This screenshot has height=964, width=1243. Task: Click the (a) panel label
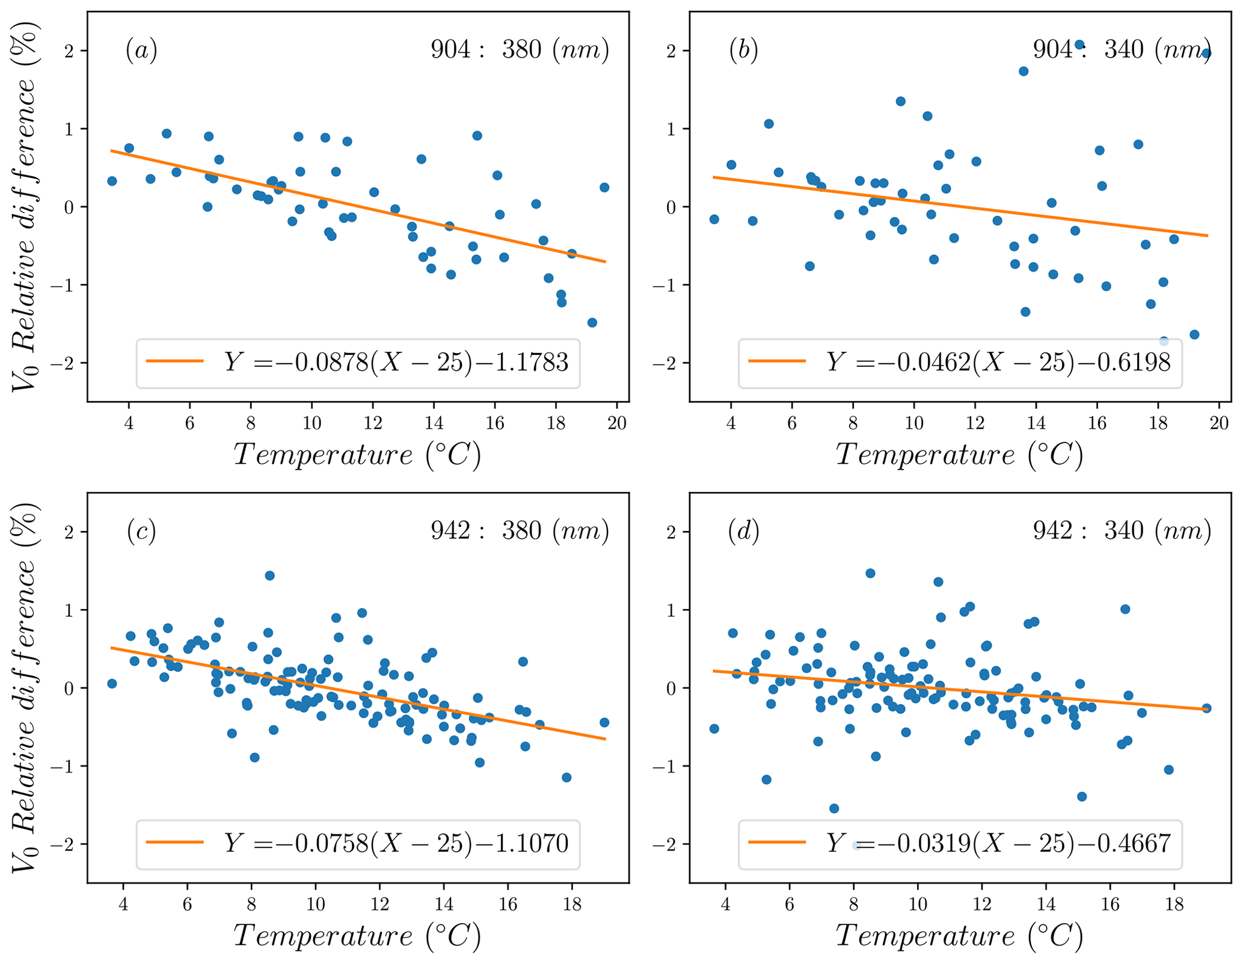(141, 50)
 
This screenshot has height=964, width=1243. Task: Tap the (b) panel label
(743, 50)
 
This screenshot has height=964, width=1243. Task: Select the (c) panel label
(141, 531)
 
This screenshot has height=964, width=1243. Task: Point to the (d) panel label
(743, 531)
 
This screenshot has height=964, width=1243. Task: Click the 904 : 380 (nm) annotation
(520, 49)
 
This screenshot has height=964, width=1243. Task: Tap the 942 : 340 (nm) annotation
(1122, 530)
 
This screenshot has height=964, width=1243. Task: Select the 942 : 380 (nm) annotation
(520, 530)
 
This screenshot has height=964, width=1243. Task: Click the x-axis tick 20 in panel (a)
(617, 423)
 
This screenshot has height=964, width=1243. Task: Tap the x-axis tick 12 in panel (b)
(975, 423)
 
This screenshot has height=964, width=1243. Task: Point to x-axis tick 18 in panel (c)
(572, 904)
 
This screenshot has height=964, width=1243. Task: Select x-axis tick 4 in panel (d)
(725, 904)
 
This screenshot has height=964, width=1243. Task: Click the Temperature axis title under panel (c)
(357, 936)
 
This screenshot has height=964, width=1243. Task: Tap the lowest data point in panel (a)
(592, 322)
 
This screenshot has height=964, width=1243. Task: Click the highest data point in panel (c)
(269, 576)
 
